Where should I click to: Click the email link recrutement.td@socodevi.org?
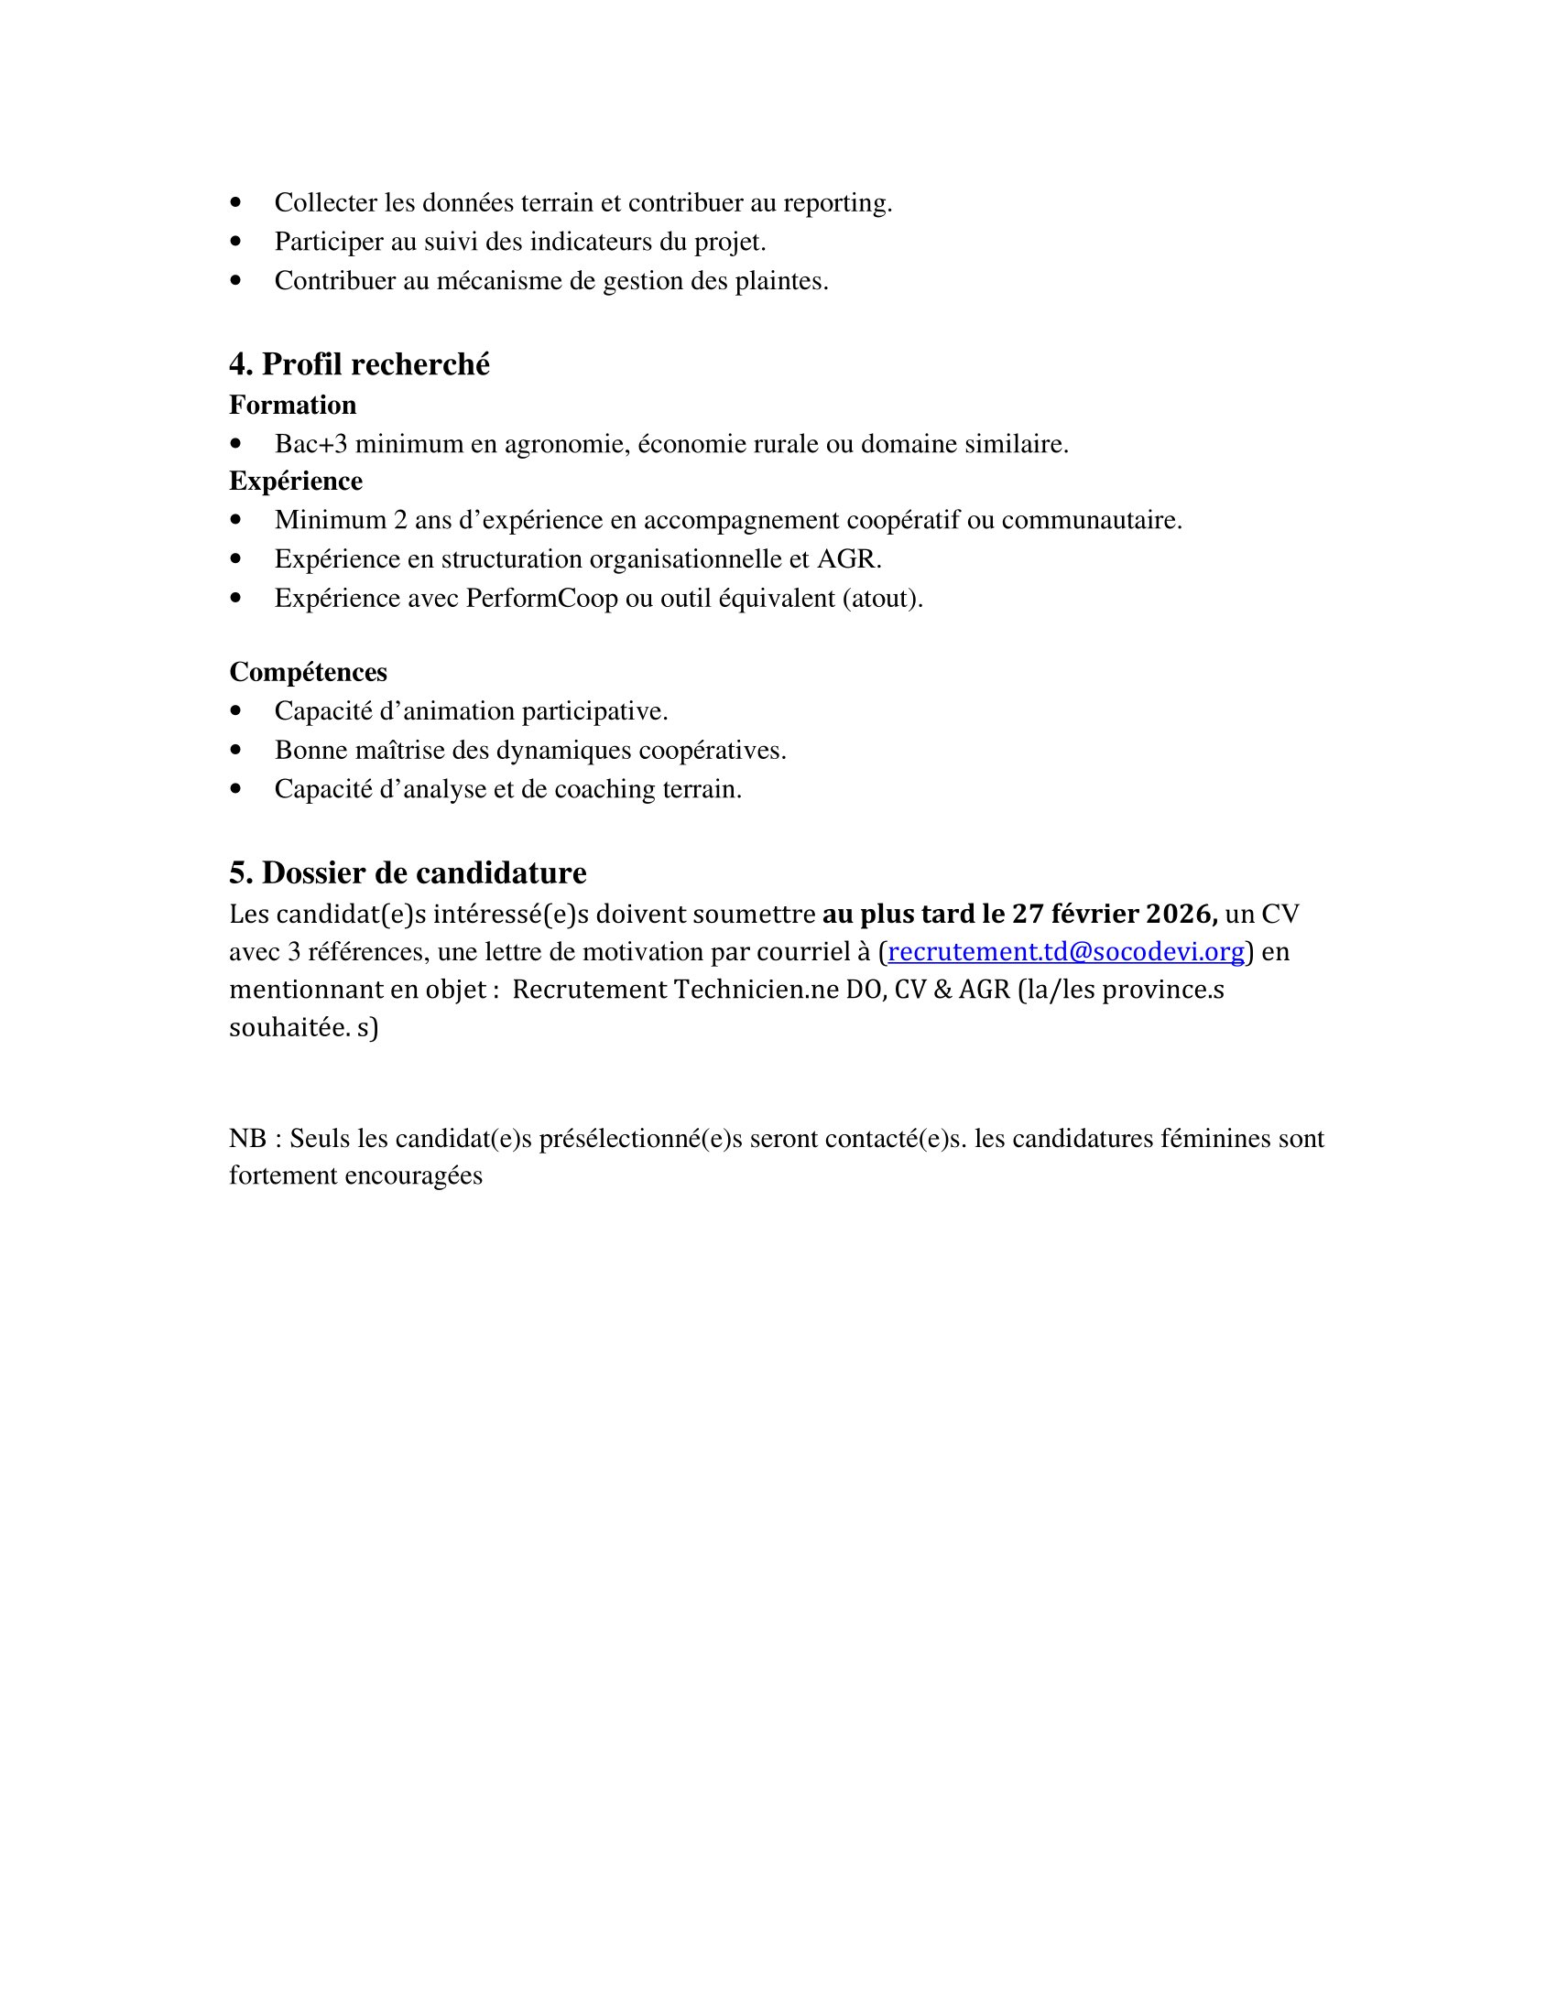(1065, 951)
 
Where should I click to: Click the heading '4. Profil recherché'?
(359, 364)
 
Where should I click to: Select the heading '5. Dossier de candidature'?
(408, 872)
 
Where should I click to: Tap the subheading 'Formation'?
(292, 405)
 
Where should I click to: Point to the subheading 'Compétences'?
(308, 671)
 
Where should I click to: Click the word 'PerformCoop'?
(541, 599)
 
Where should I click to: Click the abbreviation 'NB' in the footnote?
(247, 1139)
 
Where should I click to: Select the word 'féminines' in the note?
(1215, 1139)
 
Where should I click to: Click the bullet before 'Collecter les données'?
(236, 203)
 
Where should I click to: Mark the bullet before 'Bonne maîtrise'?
(236, 751)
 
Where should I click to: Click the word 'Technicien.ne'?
(754, 990)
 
